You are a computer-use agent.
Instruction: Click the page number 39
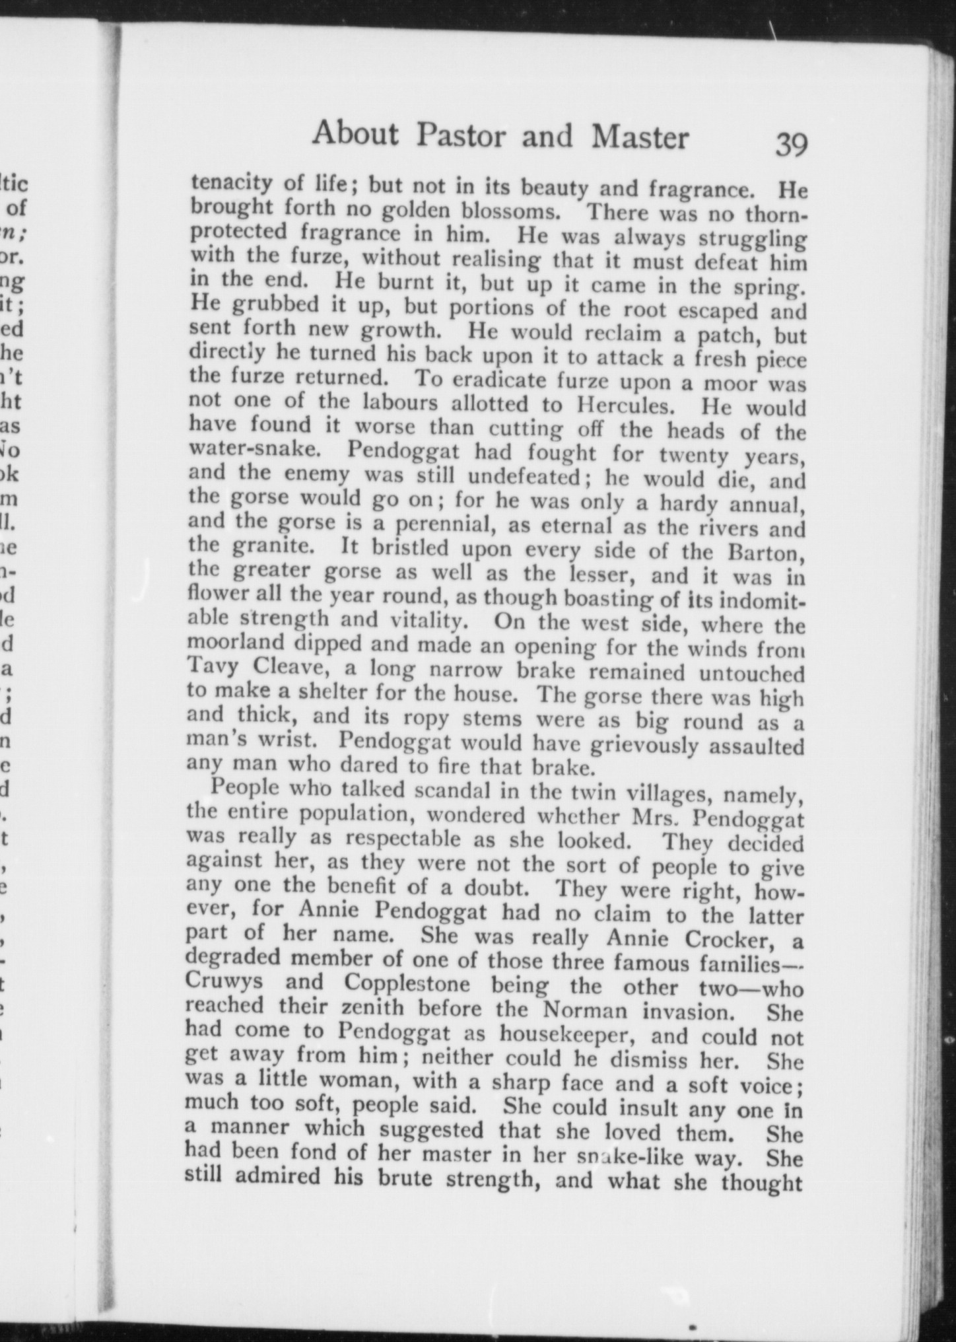(x=790, y=145)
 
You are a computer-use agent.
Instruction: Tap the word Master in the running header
(x=640, y=138)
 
